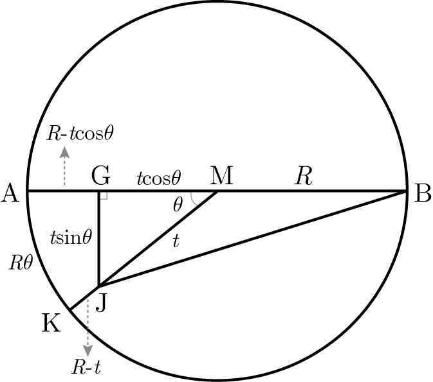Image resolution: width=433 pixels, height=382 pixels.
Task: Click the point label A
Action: point(10,193)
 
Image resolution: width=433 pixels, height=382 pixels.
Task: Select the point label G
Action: point(101,176)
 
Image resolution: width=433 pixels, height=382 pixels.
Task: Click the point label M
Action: point(222,175)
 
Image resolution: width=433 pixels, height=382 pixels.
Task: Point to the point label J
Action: point(102,302)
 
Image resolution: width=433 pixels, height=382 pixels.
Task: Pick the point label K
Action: point(51,322)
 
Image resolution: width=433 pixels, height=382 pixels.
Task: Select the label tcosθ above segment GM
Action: point(159,178)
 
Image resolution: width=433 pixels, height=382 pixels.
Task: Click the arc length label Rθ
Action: point(21,263)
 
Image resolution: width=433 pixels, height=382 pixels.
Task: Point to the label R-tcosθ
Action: point(80,134)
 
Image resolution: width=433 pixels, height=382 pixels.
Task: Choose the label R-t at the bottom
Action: point(86,367)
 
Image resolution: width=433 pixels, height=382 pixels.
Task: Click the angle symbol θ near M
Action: point(178,205)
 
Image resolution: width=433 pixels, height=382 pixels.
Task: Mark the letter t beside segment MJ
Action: point(176,241)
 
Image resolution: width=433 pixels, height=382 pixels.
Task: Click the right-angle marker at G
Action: point(104,196)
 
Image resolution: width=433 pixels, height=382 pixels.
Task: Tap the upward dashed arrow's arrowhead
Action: point(64,152)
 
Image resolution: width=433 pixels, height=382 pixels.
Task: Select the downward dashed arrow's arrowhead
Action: point(88,350)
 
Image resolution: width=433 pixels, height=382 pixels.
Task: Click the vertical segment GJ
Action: point(99,238)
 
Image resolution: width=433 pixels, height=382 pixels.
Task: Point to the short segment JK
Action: point(84,298)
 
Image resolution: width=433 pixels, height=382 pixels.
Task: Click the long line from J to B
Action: point(253,238)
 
